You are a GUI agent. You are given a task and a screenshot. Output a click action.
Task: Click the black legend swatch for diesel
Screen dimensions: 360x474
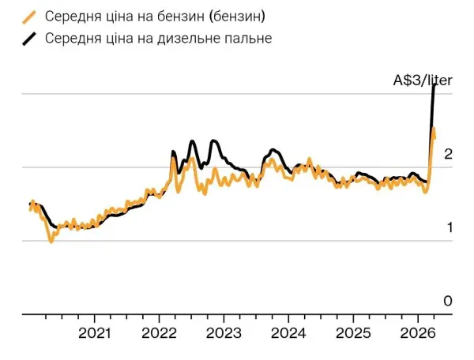tap(31, 39)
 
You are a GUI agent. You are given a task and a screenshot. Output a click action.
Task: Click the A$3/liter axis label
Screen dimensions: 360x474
tap(423, 79)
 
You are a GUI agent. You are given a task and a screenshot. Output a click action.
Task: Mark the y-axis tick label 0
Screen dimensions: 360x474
tap(447, 302)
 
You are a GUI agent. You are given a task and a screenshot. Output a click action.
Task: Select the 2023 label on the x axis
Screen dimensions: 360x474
tap(224, 332)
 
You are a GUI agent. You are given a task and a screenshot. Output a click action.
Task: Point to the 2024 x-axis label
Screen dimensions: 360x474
tap(288, 332)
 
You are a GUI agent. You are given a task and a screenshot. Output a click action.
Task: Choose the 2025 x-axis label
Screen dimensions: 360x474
tap(353, 332)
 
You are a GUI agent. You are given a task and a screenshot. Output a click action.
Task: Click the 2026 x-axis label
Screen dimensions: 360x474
tap(418, 332)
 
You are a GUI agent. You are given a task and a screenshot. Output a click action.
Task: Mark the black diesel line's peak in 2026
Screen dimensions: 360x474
tap(434, 84)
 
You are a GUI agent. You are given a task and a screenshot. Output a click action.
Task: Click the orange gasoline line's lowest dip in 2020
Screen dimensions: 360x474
tap(51, 241)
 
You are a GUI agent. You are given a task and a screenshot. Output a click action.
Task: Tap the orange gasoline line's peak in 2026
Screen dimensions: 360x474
tap(434, 128)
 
